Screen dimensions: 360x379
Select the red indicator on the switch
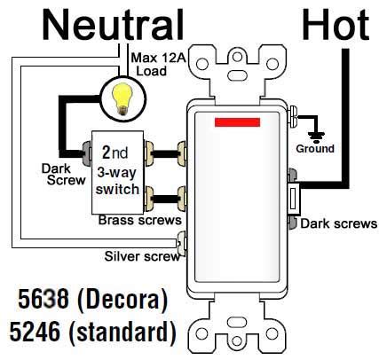[238, 121]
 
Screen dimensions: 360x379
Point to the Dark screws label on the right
[338, 223]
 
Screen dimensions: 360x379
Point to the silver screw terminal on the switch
[185, 239]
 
